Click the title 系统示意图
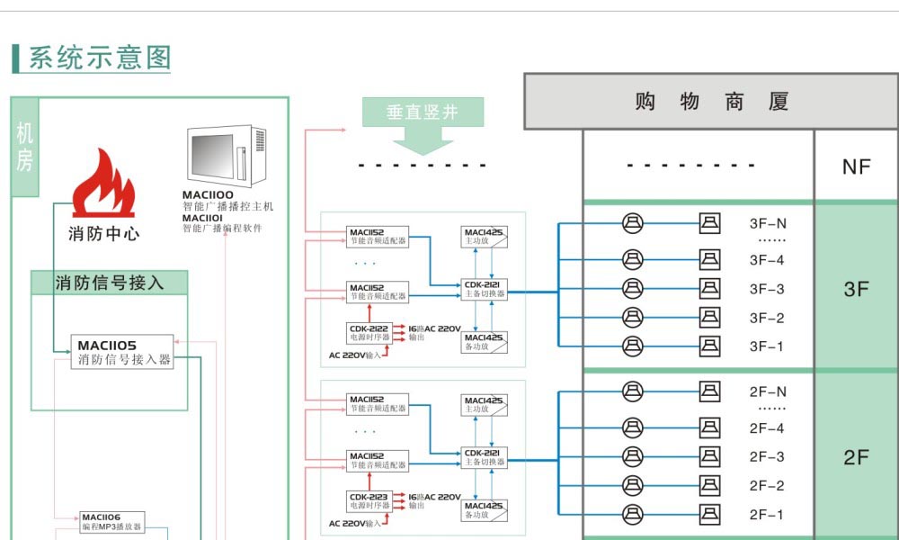pyautogui.click(x=99, y=58)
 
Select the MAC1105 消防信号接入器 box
pyautogui.click(x=122, y=352)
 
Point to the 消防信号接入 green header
pyautogui.click(x=110, y=283)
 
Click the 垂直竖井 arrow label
pyautogui.click(x=423, y=112)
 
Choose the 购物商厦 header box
pyautogui.click(x=711, y=102)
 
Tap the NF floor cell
pyautogui.click(x=856, y=166)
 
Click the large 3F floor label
pyautogui.click(x=856, y=290)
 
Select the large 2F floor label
pyautogui.click(x=856, y=457)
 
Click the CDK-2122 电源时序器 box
pyautogui.click(x=369, y=332)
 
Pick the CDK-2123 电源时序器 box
pyautogui.click(x=369, y=500)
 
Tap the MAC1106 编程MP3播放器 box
pyautogui.click(x=111, y=522)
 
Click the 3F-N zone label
pyautogui.click(x=767, y=223)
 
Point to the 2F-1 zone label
pyautogui.click(x=766, y=515)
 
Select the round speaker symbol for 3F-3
pyautogui.click(x=633, y=289)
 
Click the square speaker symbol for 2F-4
pyautogui.click(x=710, y=427)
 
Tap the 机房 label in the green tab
pyautogui.click(x=24, y=148)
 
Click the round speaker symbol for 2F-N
pyautogui.click(x=633, y=391)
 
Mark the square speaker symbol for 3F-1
pyautogui.click(x=710, y=346)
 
